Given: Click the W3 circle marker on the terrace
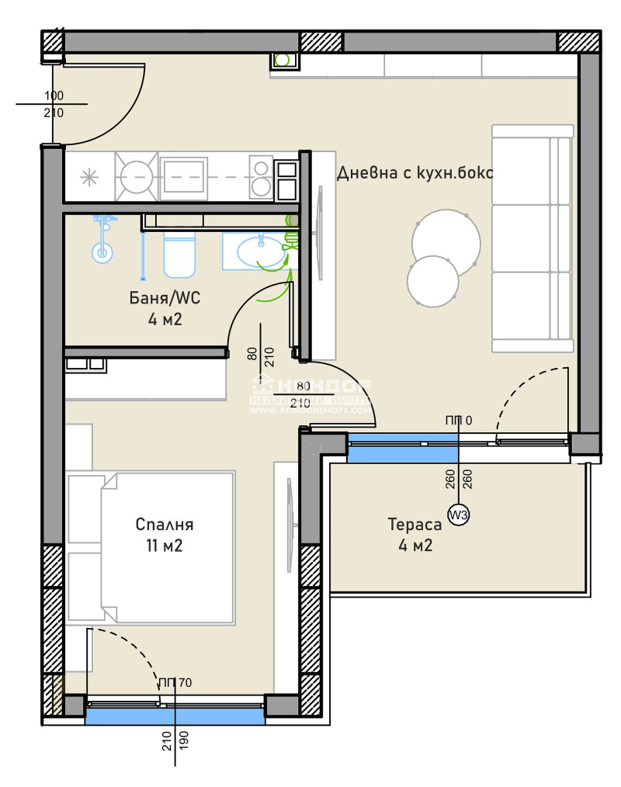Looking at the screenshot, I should (460, 513).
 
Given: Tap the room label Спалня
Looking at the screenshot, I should (164, 524).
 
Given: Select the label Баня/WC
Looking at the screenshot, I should (166, 296).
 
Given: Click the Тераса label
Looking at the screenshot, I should (415, 525).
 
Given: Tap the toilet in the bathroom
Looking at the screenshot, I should (179, 257).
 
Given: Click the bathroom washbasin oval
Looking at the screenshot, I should (260, 252).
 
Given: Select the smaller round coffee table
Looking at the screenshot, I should (432, 281).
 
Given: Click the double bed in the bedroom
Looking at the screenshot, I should (151, 547).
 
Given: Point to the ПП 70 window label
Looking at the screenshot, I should (175, 683).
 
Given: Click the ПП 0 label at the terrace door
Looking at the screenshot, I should (458, 421).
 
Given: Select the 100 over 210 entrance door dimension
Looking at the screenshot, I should (54, 104).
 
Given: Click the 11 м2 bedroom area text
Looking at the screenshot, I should (164, 545).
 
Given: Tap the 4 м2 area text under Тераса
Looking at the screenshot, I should (415, 545).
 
